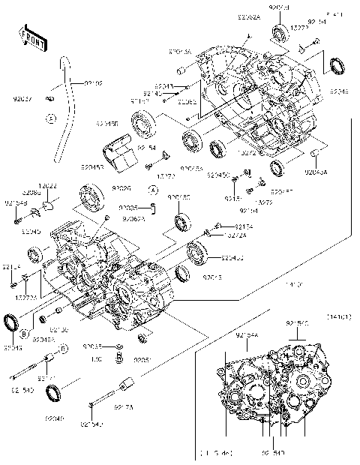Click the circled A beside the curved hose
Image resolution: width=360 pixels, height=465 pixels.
[x=49, y=118]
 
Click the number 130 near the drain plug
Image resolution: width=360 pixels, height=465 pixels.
[x=96, y=360]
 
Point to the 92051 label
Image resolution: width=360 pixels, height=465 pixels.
[x=143, y=360]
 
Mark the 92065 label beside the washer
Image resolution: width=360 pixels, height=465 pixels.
[x=92, y=346]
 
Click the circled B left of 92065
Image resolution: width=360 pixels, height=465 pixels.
[x=65, y=349]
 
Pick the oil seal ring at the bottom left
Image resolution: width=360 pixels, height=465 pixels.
[x=54, y=392]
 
